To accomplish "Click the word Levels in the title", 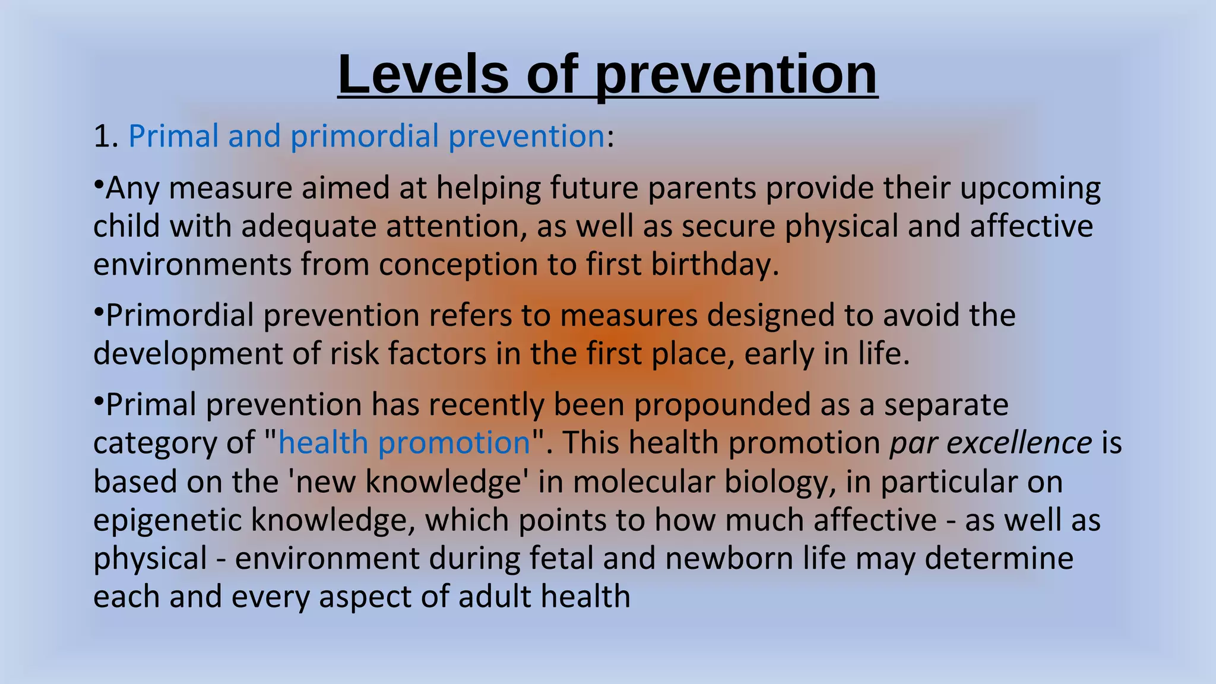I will (423, 74).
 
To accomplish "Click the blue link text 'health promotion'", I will (404, 443).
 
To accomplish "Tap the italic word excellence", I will (1018, 443).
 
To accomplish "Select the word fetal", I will (569, 559).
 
